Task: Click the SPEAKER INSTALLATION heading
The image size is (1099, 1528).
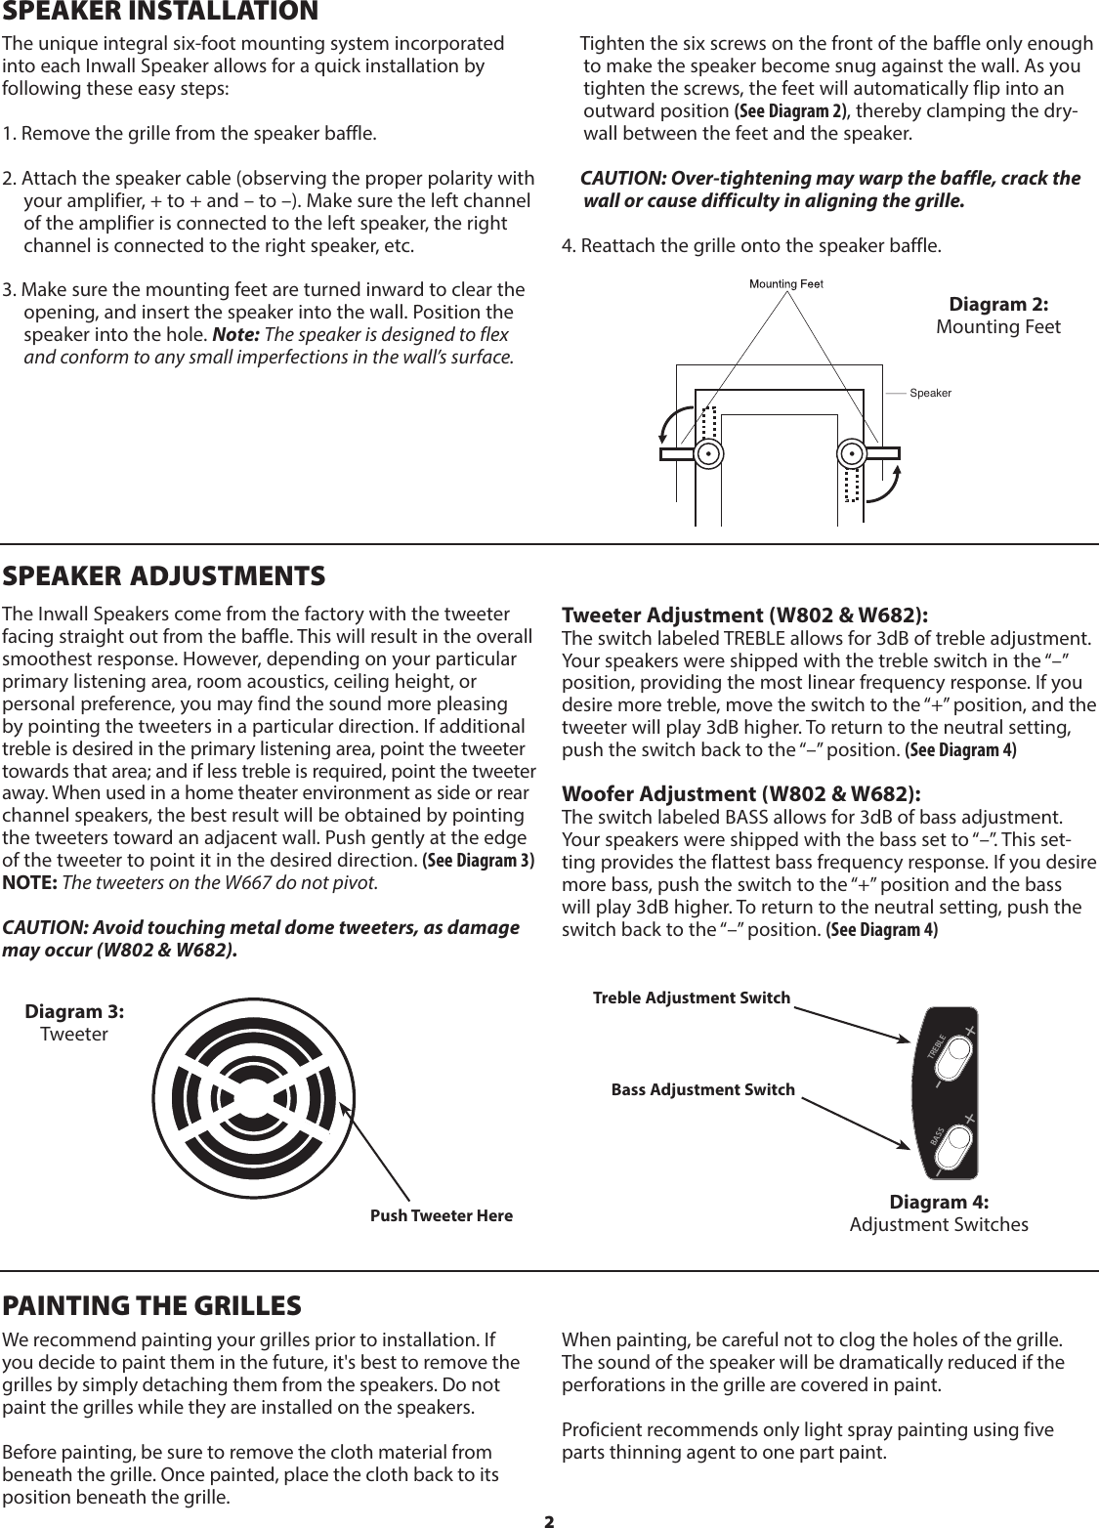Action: (160, 12)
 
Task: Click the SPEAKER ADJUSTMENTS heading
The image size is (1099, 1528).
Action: (164, 575)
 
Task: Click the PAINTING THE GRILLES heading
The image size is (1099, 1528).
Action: (151, 1305)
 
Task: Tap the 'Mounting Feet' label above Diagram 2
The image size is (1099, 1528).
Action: (786, 284)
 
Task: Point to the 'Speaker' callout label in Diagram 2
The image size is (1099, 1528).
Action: (930, 393)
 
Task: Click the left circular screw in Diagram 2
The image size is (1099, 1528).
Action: (708, 454)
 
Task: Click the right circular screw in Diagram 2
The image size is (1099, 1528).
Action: (853, 454)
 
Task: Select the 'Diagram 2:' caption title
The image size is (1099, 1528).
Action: (998, 305)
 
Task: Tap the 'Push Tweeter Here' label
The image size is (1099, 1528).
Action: (442, 1215)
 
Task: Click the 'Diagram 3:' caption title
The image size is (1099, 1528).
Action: (74, 1012)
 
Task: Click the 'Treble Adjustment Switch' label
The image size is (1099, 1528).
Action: (692, 997)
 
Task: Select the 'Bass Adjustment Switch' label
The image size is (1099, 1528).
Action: (702, 1088)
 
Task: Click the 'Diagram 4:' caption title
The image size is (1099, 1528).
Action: (939, 1202)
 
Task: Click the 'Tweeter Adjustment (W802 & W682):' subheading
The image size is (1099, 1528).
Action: (744, 615)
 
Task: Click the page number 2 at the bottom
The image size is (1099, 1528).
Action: (549, 1520)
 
